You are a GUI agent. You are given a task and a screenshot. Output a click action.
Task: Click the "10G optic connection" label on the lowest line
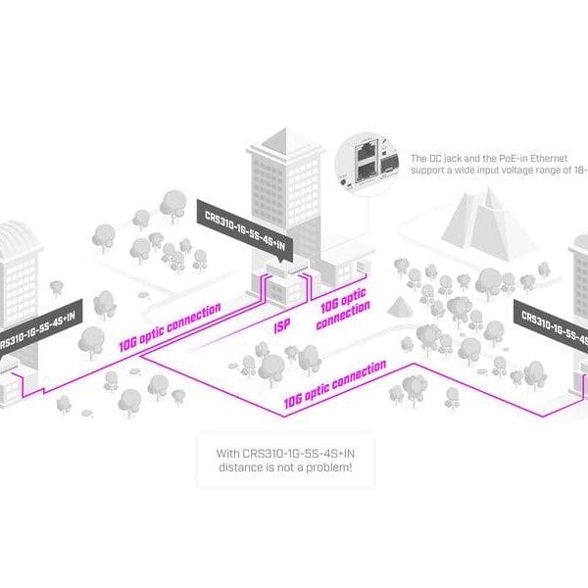(333, 385)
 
